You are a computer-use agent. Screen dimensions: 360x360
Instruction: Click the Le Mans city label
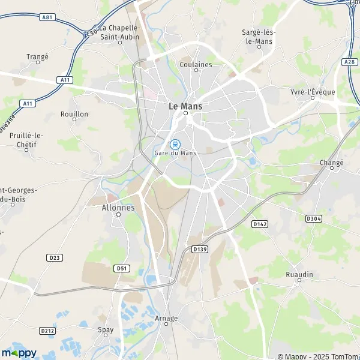[x=185, y=106]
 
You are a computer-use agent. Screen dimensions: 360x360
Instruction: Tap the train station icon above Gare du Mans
[x=175, y=144]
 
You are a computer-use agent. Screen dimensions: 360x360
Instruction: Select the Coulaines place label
[x=196, y=65]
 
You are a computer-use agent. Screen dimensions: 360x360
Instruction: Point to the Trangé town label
[x=37, y=57]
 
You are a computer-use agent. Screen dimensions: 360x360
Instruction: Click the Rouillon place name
[x=74, y=114]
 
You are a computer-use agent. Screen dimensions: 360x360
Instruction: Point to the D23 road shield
[x=54, y=257]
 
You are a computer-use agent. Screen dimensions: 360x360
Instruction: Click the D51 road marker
[x=122, y=268]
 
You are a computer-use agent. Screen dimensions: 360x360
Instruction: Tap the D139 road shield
[x=200, y=248]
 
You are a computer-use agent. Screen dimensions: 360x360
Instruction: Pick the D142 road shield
[x=259, y=224]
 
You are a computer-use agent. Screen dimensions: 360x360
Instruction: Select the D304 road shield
[x=313, y=218]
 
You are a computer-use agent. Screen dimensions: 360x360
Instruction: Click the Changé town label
[x=332, y=163]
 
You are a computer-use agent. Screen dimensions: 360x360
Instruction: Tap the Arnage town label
[x=166, y=319]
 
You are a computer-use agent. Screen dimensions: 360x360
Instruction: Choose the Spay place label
[x=106, y=329]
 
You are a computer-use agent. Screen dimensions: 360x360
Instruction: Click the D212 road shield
[x=47, y=330]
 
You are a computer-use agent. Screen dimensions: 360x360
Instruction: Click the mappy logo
[x=19, y=352]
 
